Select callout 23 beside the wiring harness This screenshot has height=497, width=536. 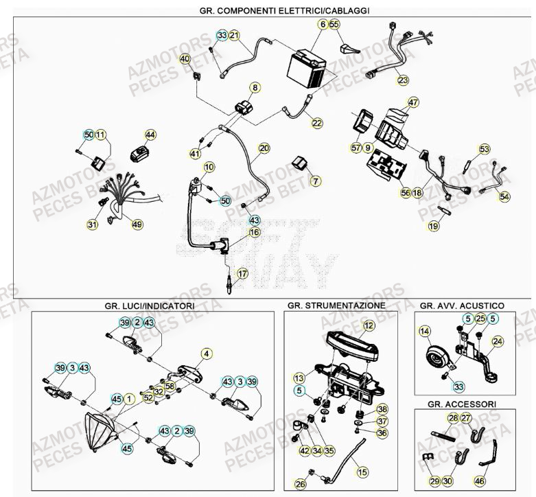coord(402,80)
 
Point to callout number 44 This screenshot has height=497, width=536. coord(150,135)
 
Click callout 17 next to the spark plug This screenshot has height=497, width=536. coord(242,274)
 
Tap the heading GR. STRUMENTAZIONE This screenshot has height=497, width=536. coord(336,305)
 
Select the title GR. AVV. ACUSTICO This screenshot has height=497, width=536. coord(462,305)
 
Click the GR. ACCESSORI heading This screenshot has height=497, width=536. coord(462,404)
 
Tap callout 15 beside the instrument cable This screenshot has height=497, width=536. coord(362,472)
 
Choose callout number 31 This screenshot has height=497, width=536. coord(93,224)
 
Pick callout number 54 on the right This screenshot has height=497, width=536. coord(504,197)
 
